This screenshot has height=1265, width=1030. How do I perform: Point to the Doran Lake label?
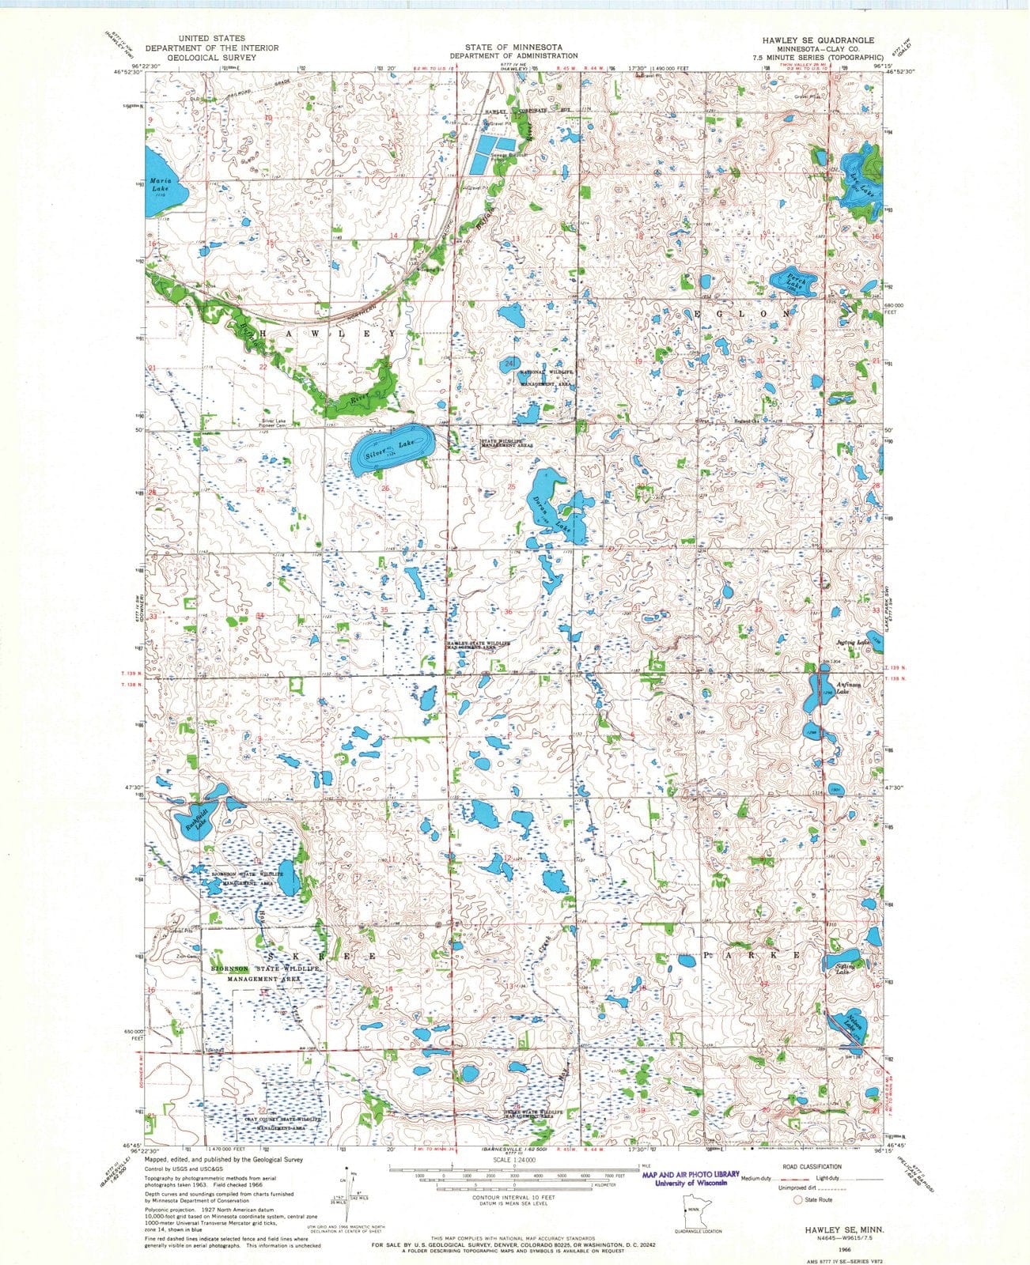click(551, 513)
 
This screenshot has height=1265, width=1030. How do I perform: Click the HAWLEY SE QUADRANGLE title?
click(817, 40)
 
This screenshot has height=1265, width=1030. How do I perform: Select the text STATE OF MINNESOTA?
click(513, 47)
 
